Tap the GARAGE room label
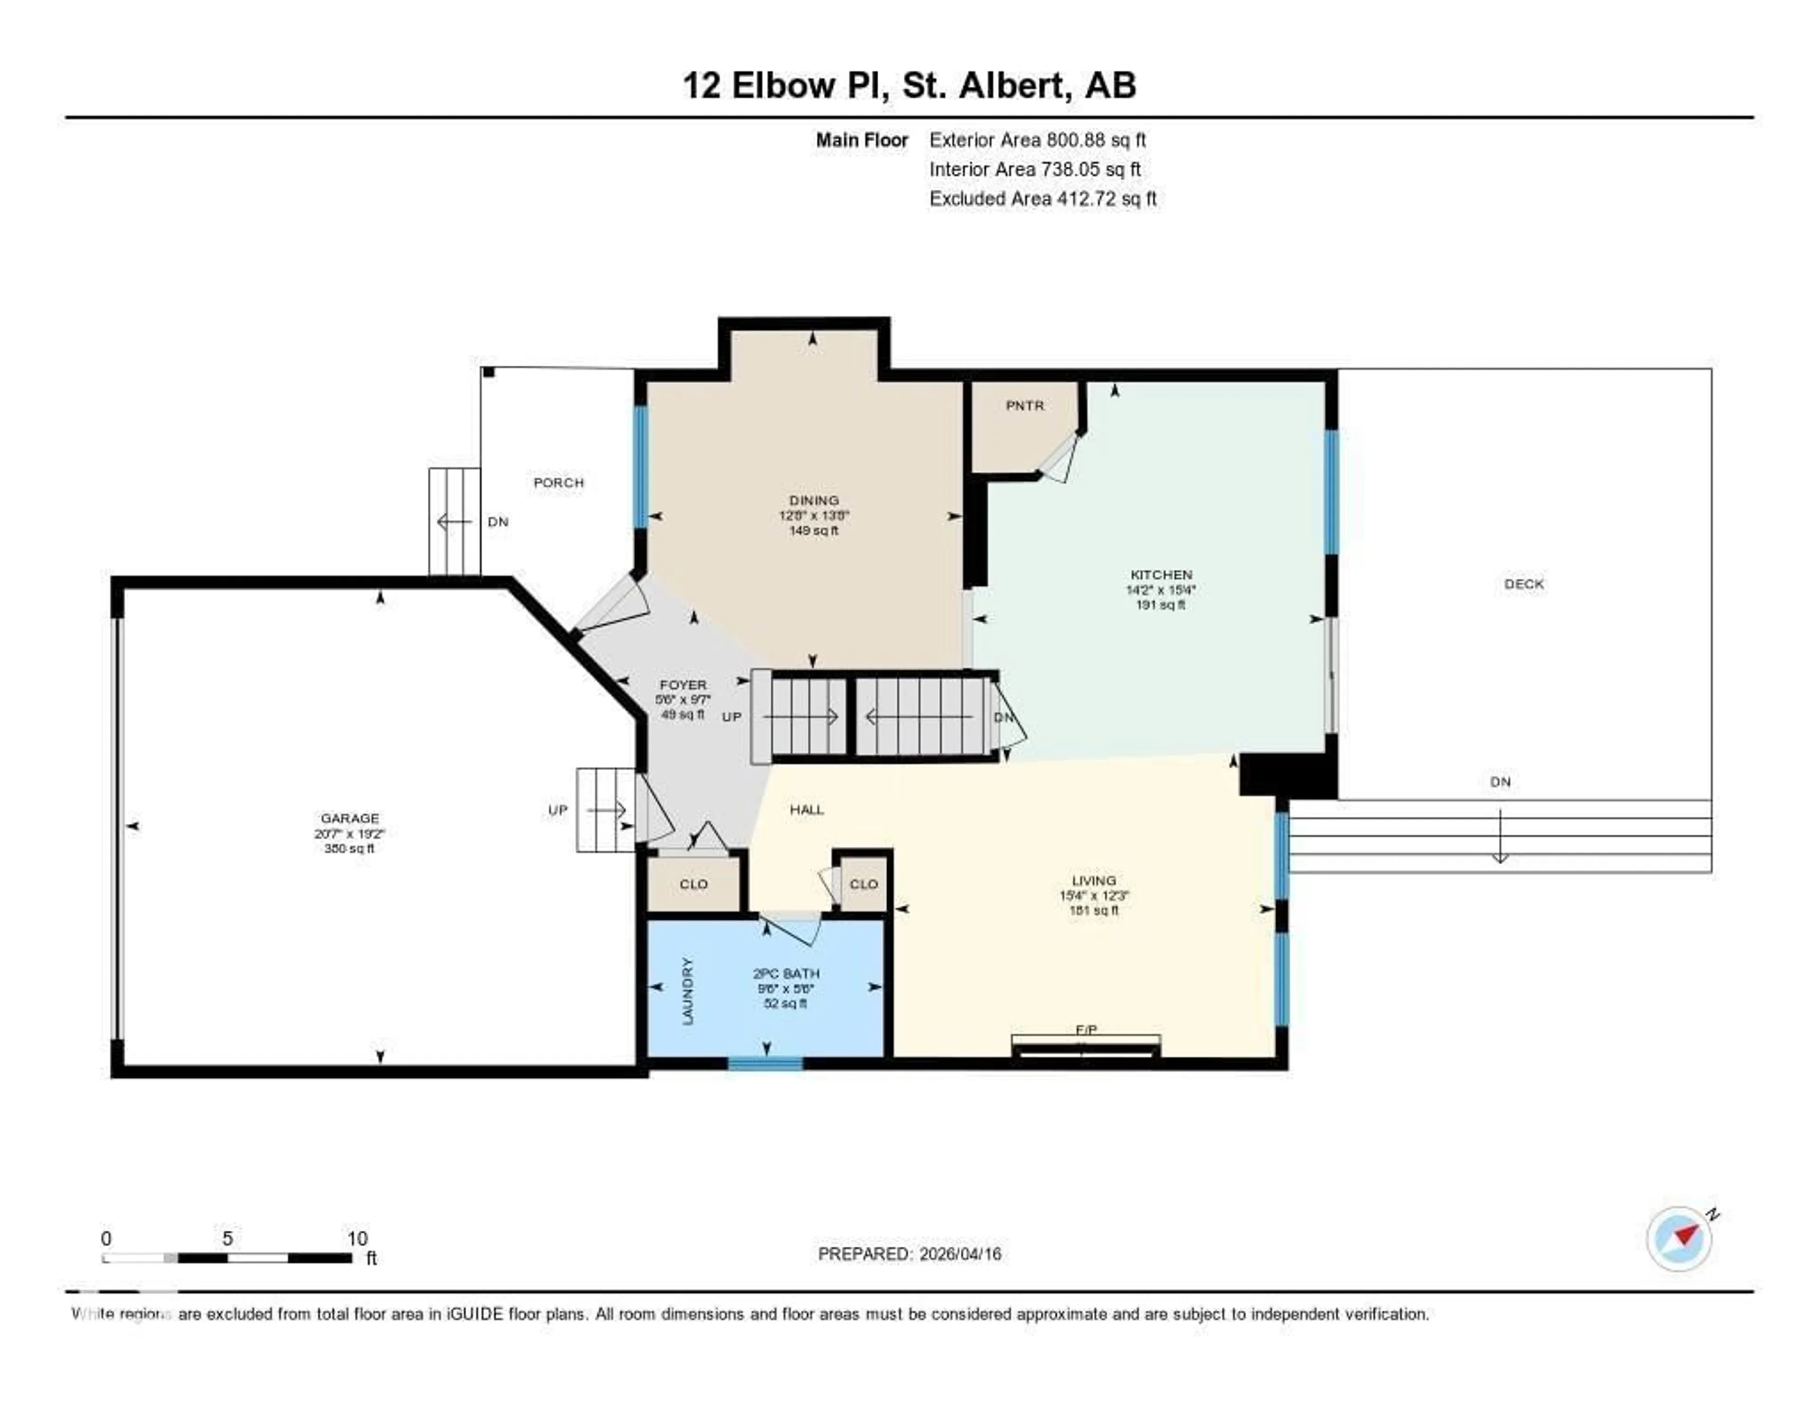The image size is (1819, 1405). [350, 819]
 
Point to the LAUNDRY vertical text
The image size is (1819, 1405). [688, 991]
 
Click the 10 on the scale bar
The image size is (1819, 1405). [357, 1238]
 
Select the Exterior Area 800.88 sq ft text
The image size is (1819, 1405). [1037, 140]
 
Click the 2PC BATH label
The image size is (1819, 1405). [785, 973]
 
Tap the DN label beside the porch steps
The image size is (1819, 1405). [498, 522]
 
